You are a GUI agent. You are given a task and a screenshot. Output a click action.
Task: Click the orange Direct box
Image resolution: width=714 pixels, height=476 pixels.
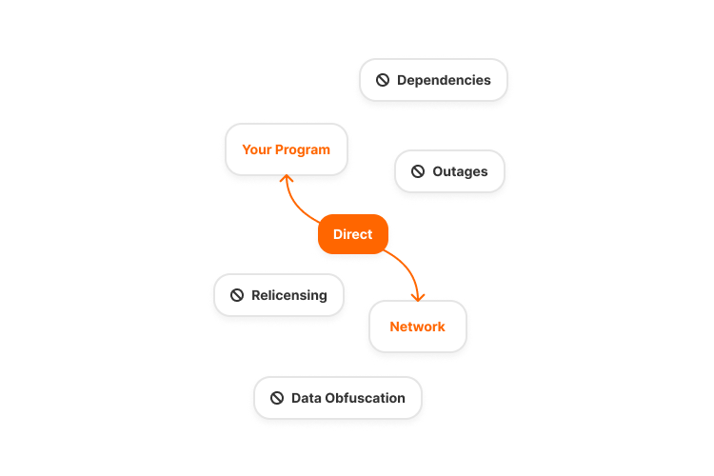[x=352, y=234]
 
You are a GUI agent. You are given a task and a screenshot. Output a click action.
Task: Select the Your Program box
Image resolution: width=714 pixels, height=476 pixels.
[x=286, y=149]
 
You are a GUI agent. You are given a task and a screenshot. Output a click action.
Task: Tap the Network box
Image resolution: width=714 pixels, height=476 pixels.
[x=417, y=327]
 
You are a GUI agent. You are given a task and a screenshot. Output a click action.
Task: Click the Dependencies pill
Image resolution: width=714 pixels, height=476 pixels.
[x=434, y=81]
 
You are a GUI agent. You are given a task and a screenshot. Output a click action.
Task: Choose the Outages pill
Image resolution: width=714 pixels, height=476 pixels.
[x=449, y=172]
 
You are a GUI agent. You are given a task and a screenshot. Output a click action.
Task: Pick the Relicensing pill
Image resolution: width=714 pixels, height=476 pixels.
[x=279, y=295]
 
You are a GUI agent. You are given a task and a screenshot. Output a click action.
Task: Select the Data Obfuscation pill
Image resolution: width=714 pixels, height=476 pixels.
[x=338, y=398]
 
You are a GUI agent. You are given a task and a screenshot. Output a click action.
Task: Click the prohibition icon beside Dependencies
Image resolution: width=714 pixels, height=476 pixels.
[x=383, y=81]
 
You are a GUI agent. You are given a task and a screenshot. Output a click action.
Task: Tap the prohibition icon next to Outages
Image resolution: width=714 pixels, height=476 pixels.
[x=418, y=172]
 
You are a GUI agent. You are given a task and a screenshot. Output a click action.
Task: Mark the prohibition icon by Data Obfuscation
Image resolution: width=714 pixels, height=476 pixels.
[x=277, y=398]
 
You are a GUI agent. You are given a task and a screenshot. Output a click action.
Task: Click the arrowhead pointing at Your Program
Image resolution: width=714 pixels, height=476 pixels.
[x=285, y=179]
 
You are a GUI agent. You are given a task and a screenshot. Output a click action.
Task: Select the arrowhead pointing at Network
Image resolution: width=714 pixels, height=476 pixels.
[x=418, y=296]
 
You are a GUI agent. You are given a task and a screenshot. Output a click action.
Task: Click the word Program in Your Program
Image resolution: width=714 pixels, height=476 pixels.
[x=303, y=149]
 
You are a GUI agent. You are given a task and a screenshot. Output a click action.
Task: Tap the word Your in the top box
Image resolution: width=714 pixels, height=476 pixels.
[x=257, y=149]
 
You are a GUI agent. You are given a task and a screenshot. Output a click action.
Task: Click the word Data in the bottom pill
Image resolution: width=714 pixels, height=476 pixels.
[x=306, y=398]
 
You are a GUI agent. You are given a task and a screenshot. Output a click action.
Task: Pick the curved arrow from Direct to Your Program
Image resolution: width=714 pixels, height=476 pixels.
[x=297, y=205]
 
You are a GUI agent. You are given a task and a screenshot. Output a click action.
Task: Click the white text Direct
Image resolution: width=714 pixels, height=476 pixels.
[x=352, y=234]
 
